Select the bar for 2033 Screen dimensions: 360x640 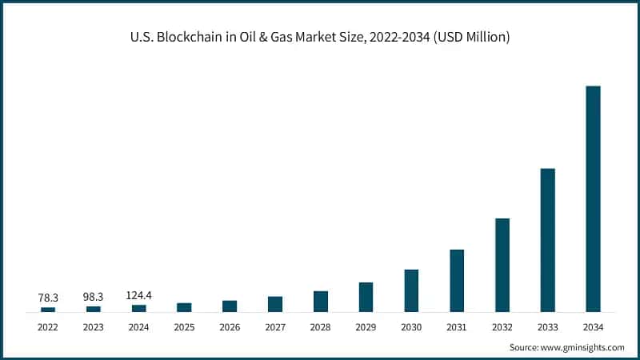pos(547,240)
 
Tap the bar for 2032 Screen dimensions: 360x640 pos(502,265)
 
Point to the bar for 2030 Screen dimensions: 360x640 pos(411,290)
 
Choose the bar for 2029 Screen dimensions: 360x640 pos(366,297)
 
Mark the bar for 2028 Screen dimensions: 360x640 pos(321,301)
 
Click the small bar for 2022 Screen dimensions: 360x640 pos(48,309)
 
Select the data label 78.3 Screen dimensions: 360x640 pos(48,297)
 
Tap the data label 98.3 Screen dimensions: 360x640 pos(94,297)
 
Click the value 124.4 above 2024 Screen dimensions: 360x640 pos(139,296)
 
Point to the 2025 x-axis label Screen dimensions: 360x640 pos(184,326)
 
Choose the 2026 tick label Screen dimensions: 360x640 pos(230,326)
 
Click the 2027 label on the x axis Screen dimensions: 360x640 pos(275,326)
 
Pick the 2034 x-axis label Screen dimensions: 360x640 pos(593,326)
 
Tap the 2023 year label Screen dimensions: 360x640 pos(94,326)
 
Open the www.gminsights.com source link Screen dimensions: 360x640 pos(584,347)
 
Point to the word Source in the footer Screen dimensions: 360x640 pos(525,347)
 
